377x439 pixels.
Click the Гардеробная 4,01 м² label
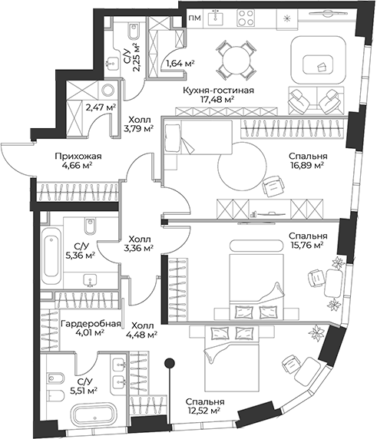(x=91, y=328)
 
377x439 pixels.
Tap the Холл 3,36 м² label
(x=140, y=243)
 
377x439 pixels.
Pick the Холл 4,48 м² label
(x=144, y=328)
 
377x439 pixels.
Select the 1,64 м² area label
(x=179, y=64)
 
